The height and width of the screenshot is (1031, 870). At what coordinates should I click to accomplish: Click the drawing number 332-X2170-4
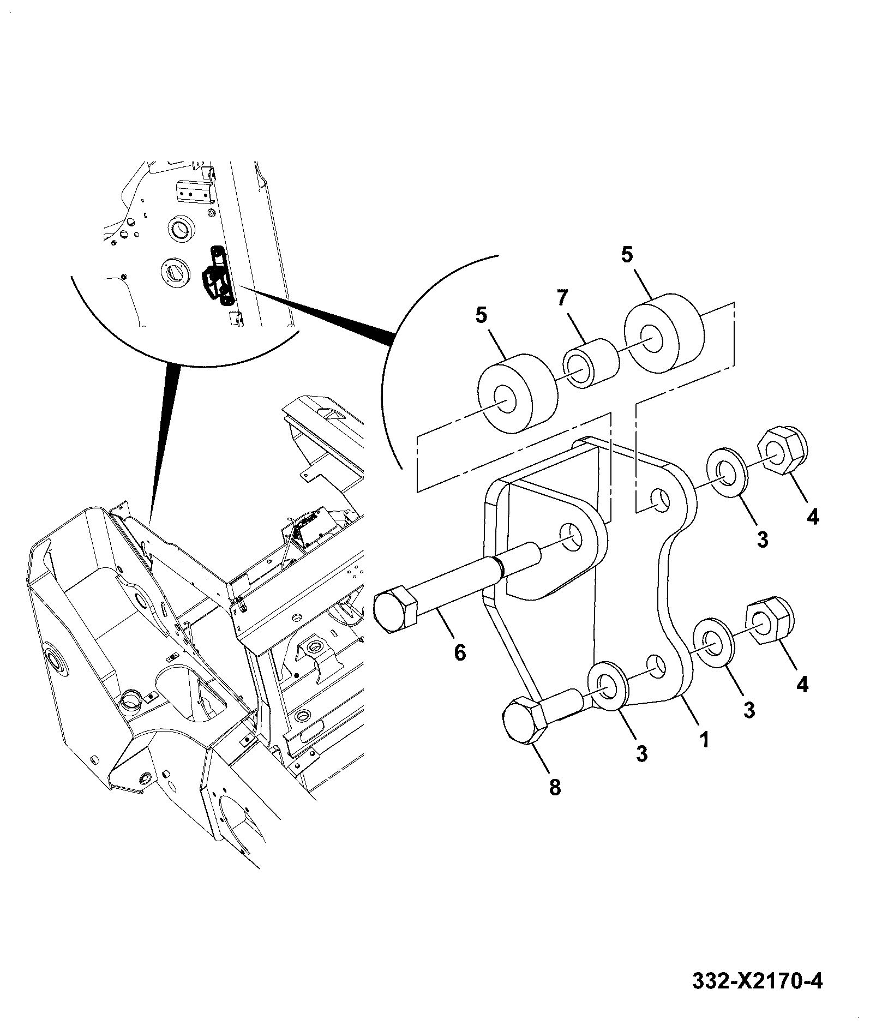click(757, 982)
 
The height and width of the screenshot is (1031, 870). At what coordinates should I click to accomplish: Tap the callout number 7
click(562, 299)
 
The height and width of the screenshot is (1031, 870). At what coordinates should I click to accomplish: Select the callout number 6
click(460, 652)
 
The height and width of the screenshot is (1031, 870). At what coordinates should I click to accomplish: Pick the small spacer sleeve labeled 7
click(591, 363)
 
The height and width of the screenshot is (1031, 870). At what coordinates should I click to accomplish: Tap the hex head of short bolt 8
click(525, 720)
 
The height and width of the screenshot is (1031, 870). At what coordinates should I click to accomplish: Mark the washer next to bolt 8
click(608, 686)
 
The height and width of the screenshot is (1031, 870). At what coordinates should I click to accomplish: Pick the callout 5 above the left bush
click(481, 316)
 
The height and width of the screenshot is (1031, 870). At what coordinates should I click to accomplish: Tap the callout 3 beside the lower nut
click(749, 709)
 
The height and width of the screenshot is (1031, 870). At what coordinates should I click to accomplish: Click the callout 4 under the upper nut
click(813, 515)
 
